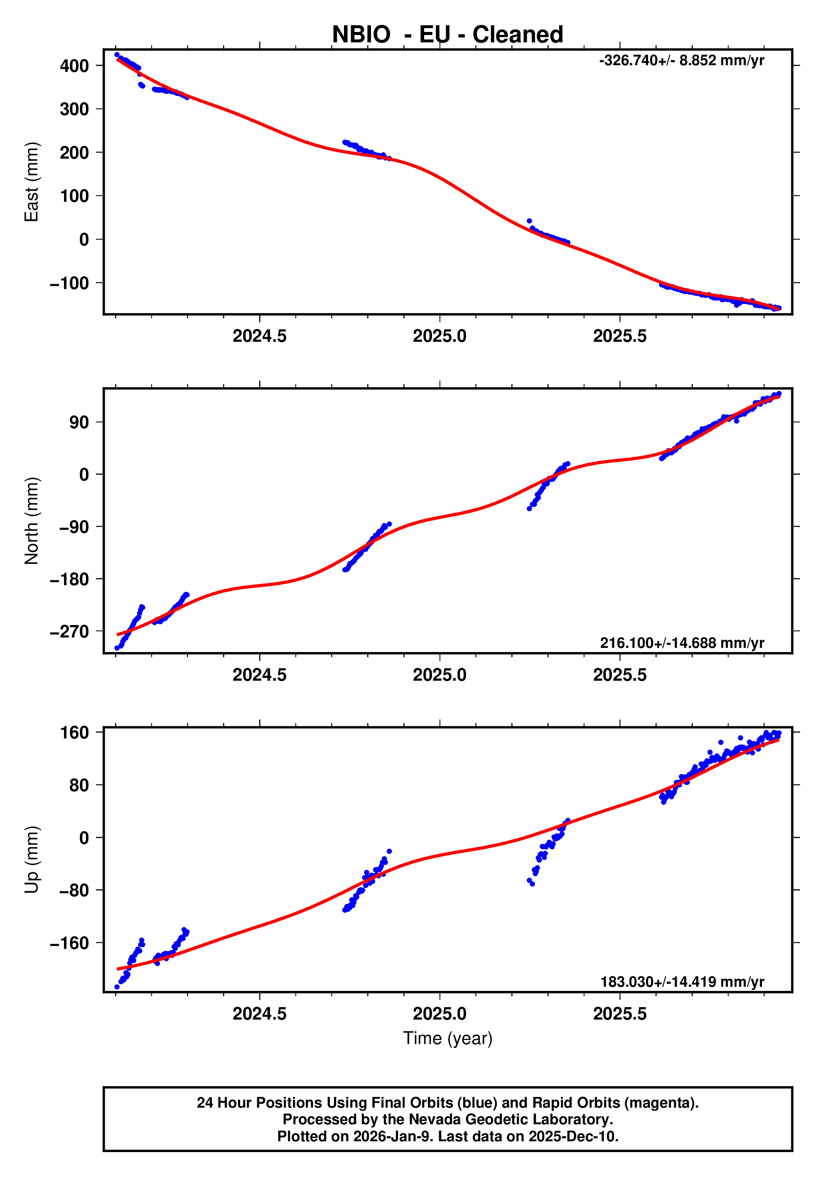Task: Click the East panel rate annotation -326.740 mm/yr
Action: click(x=681, y=61)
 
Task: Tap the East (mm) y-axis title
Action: click(x=32, y=182)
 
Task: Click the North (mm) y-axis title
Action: click(x=32, y=520)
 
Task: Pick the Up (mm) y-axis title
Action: click(x=32, y=860)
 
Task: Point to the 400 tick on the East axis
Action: click(x=74, y=66)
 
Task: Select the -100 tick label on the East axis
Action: click(x=69, y=283)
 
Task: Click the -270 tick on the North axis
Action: click(x=69, y=632)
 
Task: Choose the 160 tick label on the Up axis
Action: click(x=74, y=733)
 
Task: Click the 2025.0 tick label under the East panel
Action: click(x=440, y=336)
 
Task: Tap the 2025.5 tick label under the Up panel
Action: click(x=619, y=1013)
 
